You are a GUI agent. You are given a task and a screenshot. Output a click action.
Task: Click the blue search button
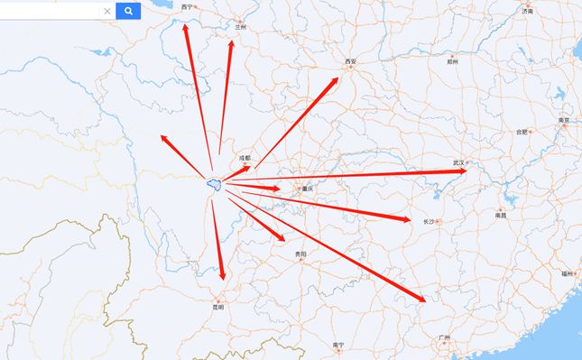point(129,11)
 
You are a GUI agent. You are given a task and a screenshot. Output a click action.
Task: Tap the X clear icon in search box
point(107,11)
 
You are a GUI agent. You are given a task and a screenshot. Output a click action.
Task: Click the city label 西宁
point(188,6)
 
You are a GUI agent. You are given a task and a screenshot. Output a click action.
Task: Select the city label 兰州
point(240,27)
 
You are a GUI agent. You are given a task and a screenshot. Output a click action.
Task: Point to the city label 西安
point(351,61)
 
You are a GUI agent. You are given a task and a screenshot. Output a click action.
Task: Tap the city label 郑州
point(452,63)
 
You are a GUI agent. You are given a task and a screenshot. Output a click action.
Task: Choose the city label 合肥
point(522,132)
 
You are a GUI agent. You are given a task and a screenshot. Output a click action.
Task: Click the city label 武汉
point(459,162)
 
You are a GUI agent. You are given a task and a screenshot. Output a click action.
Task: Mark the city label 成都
point(245,157)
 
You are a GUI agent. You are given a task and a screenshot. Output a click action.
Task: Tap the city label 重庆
point(308,188)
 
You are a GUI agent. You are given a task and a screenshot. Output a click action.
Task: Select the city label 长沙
point(429,220)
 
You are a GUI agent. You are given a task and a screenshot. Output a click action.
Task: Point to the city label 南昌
point(501,216)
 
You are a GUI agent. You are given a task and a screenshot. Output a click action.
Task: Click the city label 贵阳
point(301,254)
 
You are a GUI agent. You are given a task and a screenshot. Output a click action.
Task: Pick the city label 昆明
point(218,306)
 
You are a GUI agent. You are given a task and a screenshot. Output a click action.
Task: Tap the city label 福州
point(566,272)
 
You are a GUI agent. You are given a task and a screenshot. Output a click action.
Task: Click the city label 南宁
point(338,345)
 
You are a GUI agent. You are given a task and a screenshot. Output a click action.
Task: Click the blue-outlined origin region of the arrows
point(214,184)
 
